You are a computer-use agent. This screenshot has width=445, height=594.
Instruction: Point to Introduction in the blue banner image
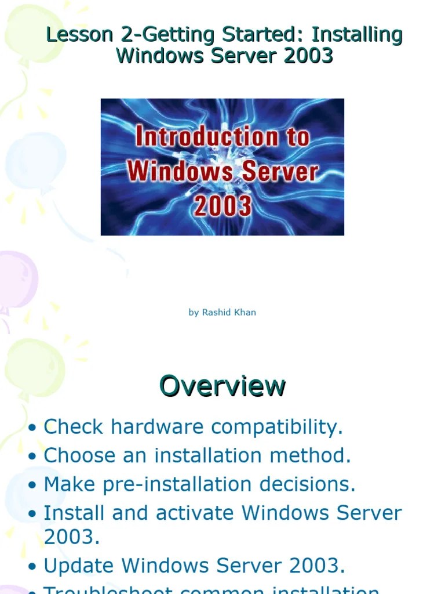pos(222,137)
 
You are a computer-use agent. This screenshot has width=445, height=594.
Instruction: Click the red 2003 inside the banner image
pos(222,206)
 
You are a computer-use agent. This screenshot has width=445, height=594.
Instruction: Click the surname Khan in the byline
pos(245,313)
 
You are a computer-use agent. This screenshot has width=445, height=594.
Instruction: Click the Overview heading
pos(222,386)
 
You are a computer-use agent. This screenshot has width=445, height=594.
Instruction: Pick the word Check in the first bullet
pos(74,428)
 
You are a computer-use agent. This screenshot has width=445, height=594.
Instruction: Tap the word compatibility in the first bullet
pos(277,428)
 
